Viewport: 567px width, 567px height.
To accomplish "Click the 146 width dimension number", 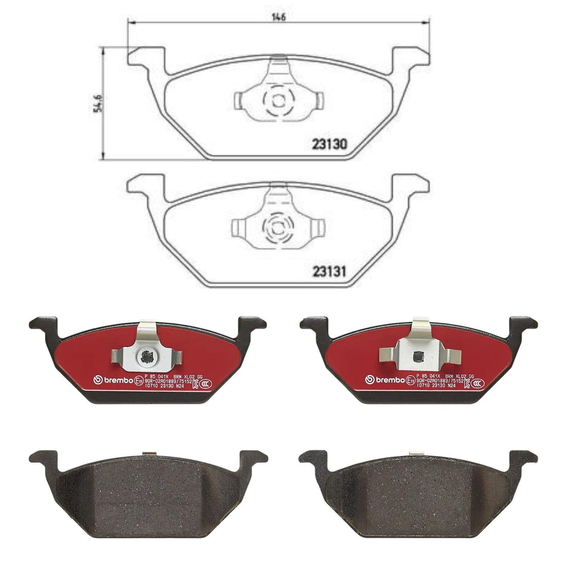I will coord(279,17).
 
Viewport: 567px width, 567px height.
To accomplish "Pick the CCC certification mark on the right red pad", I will coord(477,383).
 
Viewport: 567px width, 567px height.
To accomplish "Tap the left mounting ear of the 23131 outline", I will coord(145,184).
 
